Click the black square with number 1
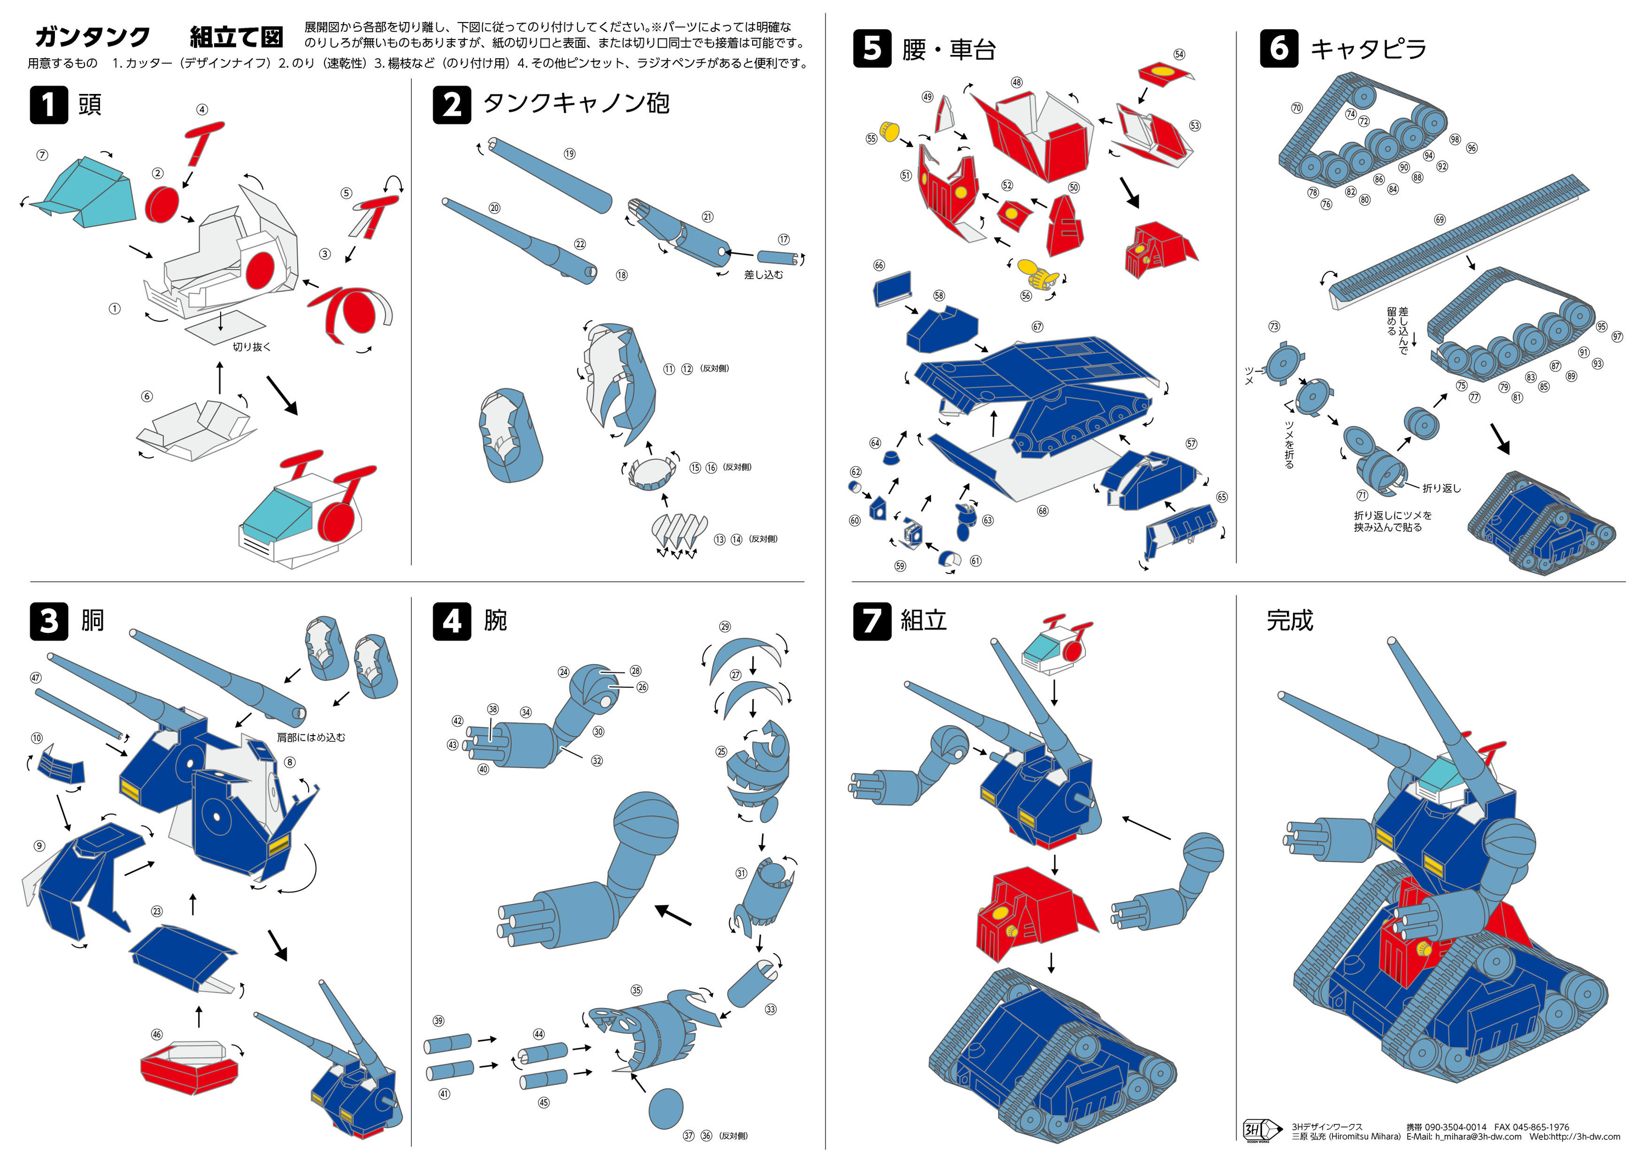48,105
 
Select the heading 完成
1289,620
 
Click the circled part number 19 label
569,154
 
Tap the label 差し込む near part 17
763,275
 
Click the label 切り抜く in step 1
252,347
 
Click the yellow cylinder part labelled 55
889,132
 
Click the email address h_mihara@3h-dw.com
1464,1137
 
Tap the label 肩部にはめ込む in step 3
311,737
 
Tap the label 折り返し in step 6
1441,488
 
